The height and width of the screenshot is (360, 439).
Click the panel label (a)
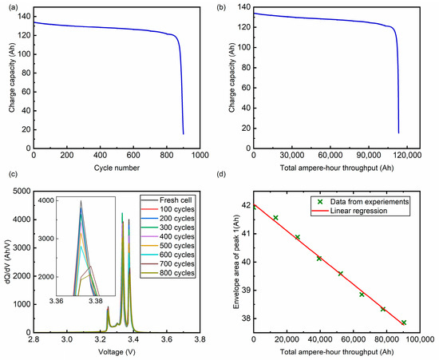[10, 6]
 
